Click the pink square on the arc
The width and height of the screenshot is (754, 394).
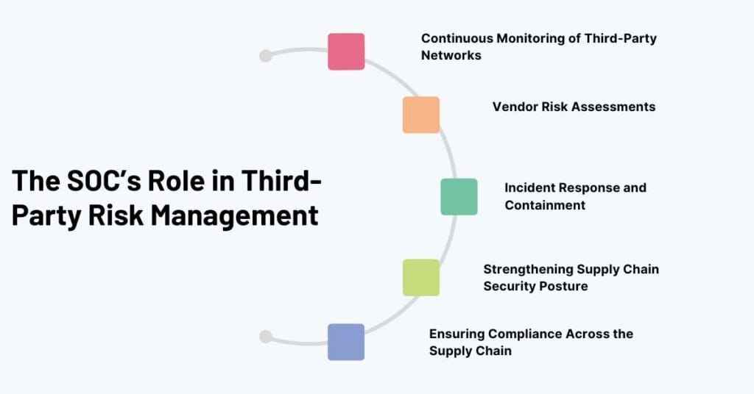[x=346, y=51]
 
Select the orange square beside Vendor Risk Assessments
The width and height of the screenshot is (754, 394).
[x=421, y=115]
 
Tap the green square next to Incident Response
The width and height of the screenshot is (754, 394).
[x=459, y=196]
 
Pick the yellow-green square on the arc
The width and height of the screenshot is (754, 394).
[x=421, y=277]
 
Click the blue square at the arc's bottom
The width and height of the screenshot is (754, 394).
[x=346, y=342]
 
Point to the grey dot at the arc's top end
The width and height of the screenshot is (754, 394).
[x=266, y=56]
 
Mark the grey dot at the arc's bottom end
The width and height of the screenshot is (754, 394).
[x=266, y=337]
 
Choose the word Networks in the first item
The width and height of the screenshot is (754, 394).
[x=451, y=55]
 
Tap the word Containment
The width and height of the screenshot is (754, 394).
[x=545, y=205]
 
